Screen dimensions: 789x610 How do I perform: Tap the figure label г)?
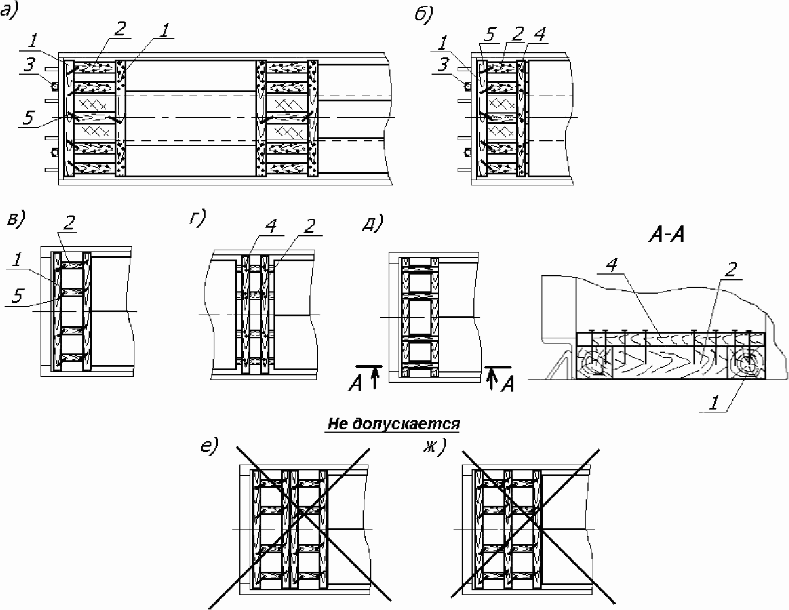point(198,218)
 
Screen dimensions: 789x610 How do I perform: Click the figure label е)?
point(210,446)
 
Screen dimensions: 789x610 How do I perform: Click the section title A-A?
point(667,235)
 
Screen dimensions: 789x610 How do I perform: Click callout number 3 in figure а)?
point(29,65)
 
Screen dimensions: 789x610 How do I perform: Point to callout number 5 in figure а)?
point(28,117)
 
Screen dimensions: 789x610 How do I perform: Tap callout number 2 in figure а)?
point(120,29)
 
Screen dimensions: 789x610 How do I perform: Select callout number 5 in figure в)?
point(18,296)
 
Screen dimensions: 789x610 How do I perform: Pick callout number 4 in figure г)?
point(271,226)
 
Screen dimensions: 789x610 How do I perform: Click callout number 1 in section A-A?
point(714,403)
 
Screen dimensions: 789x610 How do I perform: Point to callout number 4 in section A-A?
point(612,265)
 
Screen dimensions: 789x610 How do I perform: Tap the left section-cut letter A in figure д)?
point(355,384)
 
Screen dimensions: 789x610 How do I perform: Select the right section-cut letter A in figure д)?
point(507,385)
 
